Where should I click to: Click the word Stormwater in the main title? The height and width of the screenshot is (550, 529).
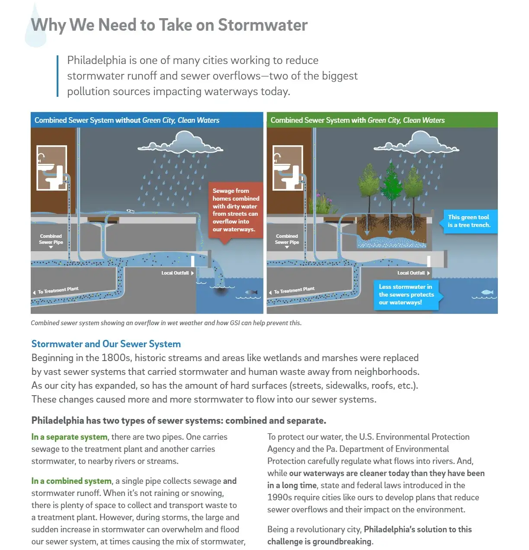point(263,25)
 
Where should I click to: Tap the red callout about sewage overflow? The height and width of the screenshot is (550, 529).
point(235,210)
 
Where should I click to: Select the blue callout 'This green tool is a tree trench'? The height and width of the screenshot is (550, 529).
point(469,221)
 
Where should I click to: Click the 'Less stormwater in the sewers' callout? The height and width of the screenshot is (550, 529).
point(406,294)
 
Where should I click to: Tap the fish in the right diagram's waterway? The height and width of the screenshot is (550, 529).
point(487,292)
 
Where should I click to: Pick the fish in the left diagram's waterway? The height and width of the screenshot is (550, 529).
point(251,293)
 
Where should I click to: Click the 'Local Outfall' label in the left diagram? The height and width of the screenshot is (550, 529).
point(175,273)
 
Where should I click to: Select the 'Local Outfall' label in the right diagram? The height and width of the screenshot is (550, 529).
point(411,273)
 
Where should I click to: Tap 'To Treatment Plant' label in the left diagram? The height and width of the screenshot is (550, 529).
point(58,290)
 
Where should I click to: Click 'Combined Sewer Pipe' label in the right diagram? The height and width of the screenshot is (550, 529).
point(287,239)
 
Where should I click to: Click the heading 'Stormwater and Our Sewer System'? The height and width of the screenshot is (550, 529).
point(106,344)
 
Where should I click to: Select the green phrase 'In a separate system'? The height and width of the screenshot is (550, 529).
point(69,437)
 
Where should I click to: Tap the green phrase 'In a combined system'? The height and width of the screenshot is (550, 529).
point(71,481)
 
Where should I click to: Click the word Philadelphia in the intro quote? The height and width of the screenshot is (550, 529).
point(96,61)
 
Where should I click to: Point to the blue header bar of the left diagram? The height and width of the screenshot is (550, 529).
point(147,120)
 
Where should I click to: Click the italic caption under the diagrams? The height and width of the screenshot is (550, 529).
point(166,323)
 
